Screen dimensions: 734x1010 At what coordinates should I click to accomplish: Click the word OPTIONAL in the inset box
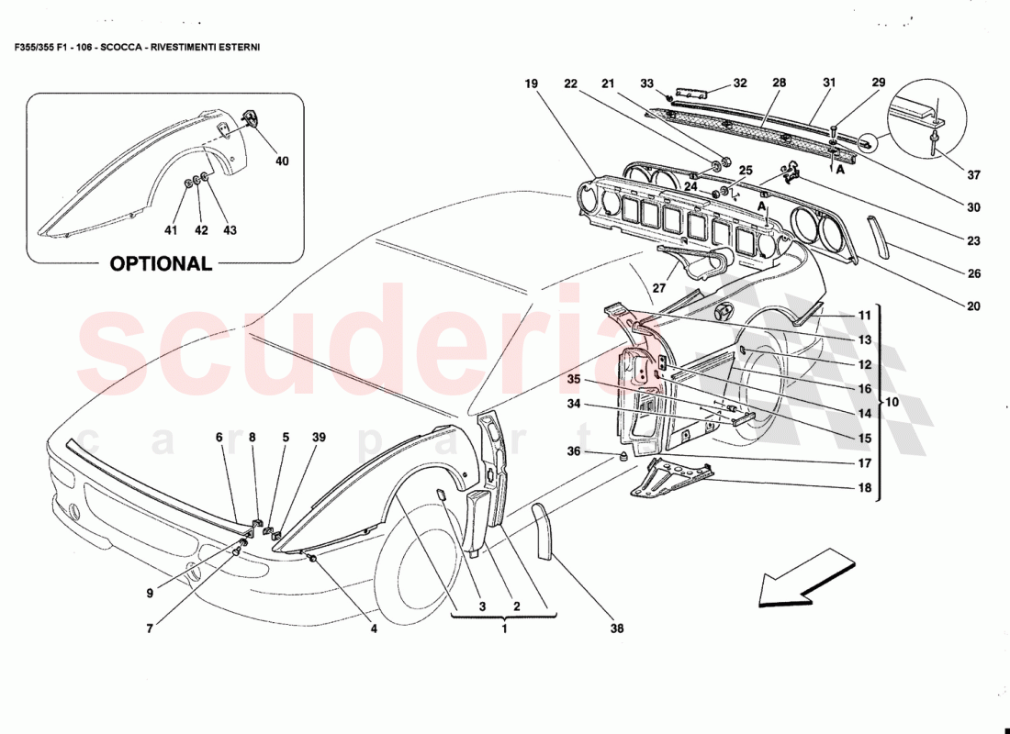[161, 263]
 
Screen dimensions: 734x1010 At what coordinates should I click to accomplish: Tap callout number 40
[282, 161]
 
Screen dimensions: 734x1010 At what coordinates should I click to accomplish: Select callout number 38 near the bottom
[616, 629]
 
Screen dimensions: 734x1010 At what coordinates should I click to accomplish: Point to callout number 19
[531, 83]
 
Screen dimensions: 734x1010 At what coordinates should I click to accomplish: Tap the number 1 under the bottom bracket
[503, 629]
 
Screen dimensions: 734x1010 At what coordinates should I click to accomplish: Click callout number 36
[574, 450]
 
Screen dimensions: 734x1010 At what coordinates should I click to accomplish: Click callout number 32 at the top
[740, 83]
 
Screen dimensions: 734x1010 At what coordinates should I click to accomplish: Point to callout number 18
[864, 488]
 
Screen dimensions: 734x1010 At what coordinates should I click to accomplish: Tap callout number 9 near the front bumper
[149, 593]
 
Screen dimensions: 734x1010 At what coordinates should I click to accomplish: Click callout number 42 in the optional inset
[201, 230]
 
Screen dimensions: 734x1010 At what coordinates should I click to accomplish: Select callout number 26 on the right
[974, 273]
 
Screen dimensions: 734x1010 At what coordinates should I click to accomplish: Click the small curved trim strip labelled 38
[543, 531]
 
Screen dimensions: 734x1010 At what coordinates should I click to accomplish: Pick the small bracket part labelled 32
[695, 94]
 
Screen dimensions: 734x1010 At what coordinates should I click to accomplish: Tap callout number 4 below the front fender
[374, 629]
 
